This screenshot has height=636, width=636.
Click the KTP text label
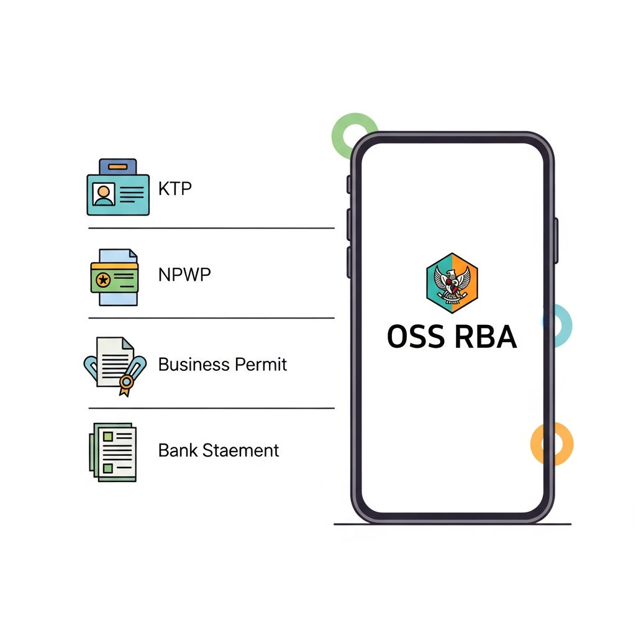point(175,189)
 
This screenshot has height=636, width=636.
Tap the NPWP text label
point(184,275)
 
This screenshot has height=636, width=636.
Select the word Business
point(194,364)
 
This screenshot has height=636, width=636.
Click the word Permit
point(261,364)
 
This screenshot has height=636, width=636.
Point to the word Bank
point(178,450)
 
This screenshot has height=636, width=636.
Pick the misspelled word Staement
point(240,450)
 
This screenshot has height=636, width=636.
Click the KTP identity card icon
point(118,187)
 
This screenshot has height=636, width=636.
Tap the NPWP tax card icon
point(114,277)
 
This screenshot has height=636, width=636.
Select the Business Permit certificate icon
point(115,366)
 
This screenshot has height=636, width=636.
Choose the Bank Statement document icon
point(113,452)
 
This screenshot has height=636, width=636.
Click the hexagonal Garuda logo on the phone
point(452,283)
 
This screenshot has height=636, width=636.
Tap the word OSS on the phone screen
point(416,337)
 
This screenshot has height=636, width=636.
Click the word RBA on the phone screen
point(486,337)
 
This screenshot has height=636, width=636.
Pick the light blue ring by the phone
point(567,325)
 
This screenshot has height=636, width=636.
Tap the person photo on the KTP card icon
point(104,194)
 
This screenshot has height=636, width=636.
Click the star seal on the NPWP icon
point(103,279)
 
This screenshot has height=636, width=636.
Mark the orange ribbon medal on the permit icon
point(126,384)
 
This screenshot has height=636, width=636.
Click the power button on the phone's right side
point(556,240)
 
